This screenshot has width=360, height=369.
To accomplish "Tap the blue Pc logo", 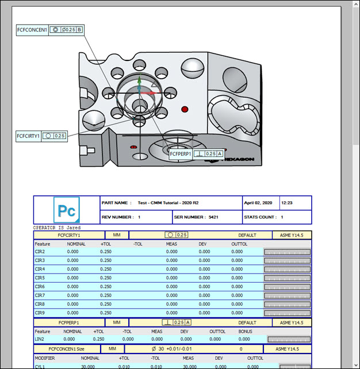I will point(66,210).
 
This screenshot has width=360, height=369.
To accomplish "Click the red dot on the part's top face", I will point(185,109).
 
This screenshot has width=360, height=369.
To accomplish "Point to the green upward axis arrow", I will point(139,82).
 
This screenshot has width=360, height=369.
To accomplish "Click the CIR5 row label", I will point(40,278).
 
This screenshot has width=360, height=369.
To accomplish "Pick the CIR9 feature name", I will point(40,313).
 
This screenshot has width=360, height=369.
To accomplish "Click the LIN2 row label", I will point(40,340).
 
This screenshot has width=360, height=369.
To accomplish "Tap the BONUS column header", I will point(245,332).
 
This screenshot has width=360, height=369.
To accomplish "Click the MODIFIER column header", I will point(46,358).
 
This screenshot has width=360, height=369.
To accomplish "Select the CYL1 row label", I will point(40,366).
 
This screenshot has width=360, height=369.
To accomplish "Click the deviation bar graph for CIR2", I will point(287,252).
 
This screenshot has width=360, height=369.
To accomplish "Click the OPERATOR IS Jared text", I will point(58,228).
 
